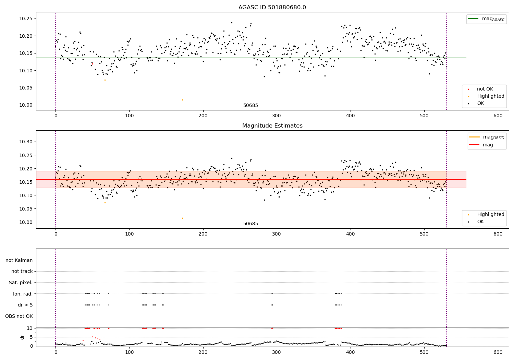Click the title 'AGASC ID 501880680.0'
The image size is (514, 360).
[x=272, y=8]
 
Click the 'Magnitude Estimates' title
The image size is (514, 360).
[x=272, y=126]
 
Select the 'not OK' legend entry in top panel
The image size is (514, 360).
[x=485, y=89]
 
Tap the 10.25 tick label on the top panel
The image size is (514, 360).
[x=26, y=19]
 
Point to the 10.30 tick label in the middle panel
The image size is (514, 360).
[x=26, y=142]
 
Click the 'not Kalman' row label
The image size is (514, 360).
[x=19, y=261]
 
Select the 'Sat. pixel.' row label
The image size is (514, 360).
[x=21, y=283]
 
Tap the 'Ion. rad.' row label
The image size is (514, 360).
[x=23, y=294]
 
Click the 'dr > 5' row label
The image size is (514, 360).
[x=25, y=305]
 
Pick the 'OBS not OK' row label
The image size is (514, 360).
[x=19, y=316]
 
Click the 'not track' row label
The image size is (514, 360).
[x=22, y=272]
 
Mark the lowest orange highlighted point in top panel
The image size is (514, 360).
[x=182, y=100]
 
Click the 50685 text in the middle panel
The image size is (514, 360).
[x=250, y=224]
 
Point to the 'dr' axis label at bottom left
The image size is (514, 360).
[x=22, y=337]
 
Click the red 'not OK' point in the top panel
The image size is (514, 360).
[x=93, y=64]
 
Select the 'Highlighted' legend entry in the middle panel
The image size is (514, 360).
[x=490, y=215]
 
